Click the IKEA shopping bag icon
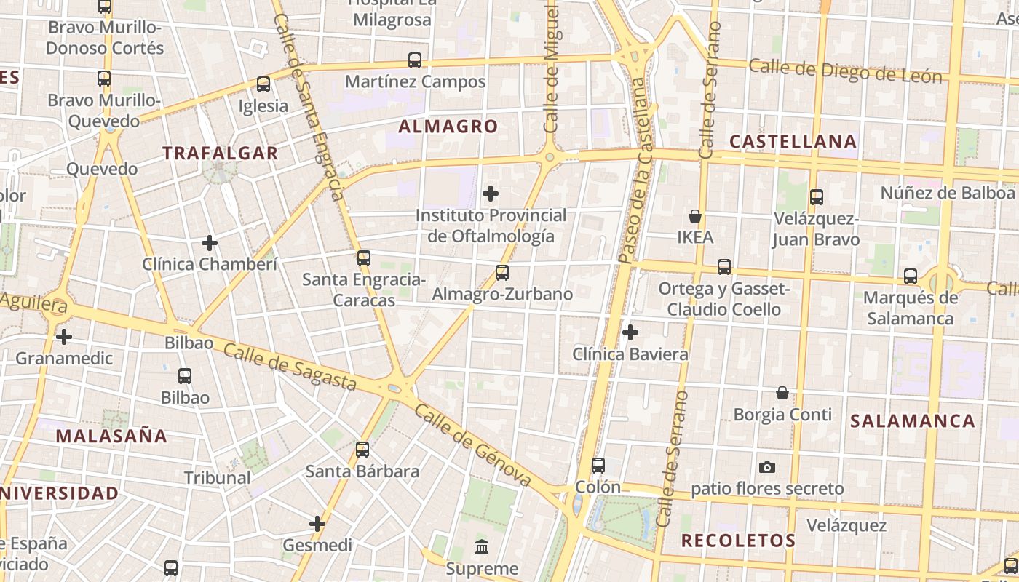click(695, 216)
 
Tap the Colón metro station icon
click(598, 466)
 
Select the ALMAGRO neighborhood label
click(448, 127)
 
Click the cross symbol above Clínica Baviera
click(630, 332)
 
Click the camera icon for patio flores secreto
click(767, 467)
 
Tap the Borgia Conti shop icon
click(782, 393)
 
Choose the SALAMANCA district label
click(913, 421)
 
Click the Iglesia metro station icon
click(263, 84)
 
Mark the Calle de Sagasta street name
click(290, 367)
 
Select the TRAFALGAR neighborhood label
click(221, 154)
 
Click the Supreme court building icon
click(482, 546)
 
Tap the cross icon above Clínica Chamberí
click(210, 243)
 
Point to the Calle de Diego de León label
click(845, 71)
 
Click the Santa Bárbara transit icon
click(362, 450)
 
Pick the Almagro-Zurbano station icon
click(502, 273)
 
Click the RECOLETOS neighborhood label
click(738, 541)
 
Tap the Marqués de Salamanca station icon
click(911, 276)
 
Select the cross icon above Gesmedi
click(317, 523)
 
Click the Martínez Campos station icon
click(415, 60)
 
